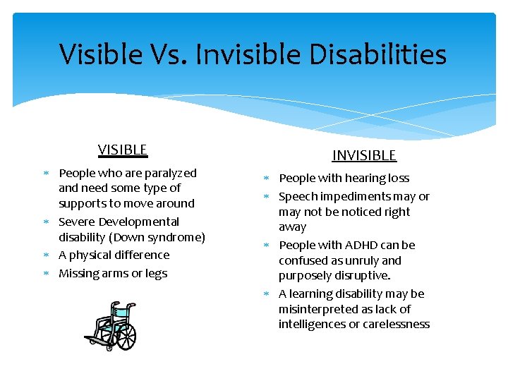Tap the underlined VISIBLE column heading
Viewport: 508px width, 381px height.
[123, 150]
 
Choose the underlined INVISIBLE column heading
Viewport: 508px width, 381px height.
[364, 155]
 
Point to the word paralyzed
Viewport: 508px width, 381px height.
[171, 173]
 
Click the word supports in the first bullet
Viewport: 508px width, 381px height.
[83, 204]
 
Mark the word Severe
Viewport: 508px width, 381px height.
[77, 222]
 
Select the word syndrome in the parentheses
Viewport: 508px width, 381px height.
[177, 237]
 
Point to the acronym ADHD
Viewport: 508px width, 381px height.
[363, 246]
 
